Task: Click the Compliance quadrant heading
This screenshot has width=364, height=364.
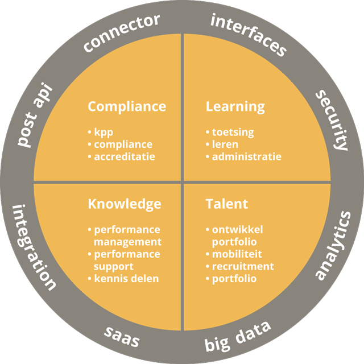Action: point(127,106)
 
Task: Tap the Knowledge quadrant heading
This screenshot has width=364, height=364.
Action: point(124,204)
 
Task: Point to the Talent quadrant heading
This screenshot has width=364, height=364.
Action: point(226,204)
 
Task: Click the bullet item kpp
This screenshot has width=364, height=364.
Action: point(103,133)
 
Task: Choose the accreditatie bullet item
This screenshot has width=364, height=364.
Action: point(124,156)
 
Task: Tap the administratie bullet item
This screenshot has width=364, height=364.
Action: point(246,156)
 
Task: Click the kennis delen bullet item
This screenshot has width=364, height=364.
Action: point(126,279)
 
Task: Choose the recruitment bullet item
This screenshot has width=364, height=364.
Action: point(243,266)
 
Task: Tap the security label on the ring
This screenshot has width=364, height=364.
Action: point(332,119)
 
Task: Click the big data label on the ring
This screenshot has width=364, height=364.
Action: point(237,337)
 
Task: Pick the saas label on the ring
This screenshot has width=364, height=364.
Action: point(122,337)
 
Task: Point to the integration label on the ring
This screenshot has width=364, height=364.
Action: point(34,247)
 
